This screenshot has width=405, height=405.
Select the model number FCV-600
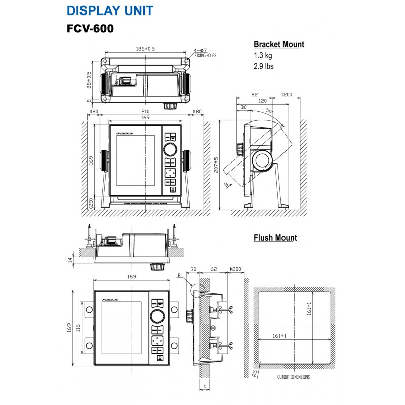(x=90, y=28)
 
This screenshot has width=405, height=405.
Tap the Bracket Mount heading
(x=278, y=44)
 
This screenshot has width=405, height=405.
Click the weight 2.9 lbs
(x=264, y=66)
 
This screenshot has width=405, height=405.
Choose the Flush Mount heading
(x=275, y=238)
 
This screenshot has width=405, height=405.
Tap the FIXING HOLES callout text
(x=205, y=55)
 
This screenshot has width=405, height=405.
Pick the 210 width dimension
(x=146, y=111)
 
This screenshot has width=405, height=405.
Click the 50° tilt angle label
(x=269, y=111)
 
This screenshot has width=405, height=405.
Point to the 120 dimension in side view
(x=263, y=101)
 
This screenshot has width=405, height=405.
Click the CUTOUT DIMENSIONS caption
(x=294, y=377)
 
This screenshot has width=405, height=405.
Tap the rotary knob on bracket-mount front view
(x=170, y=149)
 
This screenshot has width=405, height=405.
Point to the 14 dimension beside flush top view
(x=70, y=259)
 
